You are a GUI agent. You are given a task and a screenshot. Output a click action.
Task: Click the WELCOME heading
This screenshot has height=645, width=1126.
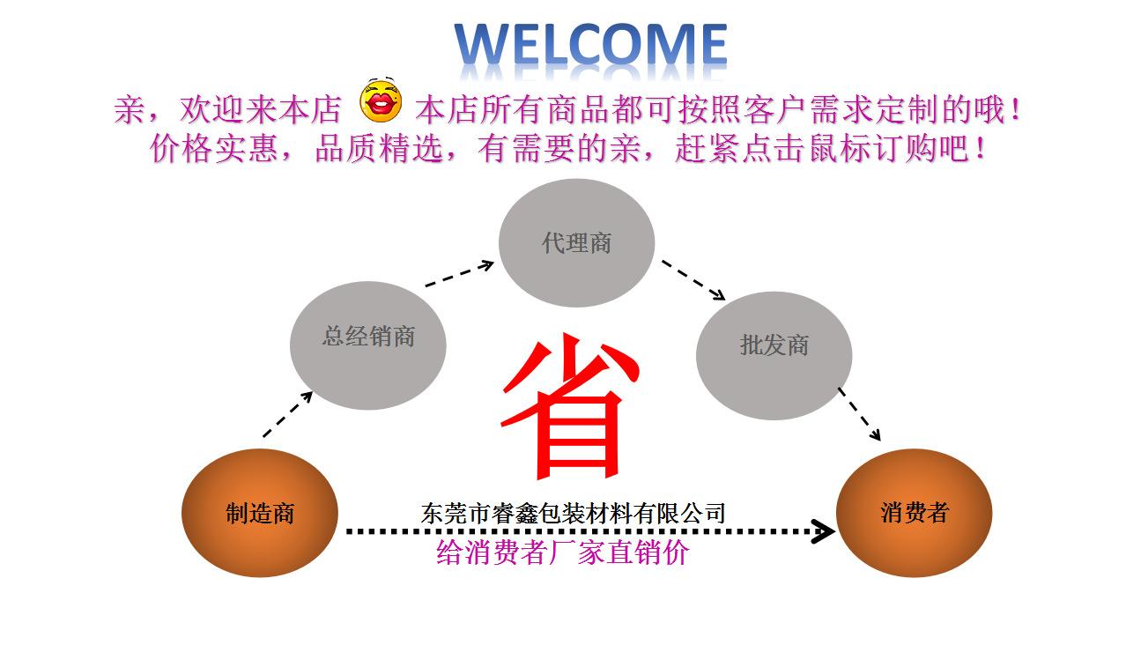click(590, 44)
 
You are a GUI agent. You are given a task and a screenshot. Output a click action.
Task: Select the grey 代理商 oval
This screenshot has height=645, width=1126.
click(576, 243)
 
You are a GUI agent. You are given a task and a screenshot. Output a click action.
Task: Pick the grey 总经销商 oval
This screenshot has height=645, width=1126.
click(368, 345)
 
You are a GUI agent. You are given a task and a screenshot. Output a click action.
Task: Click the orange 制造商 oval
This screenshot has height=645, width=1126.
click(260, 513)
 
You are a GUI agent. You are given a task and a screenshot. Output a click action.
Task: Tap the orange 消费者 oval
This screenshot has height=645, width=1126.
click(914, 513)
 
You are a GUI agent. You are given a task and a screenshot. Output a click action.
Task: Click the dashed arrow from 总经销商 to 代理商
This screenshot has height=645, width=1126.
click(460, 273)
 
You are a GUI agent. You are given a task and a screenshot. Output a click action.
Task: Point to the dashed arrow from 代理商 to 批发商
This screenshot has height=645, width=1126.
click(693, 279)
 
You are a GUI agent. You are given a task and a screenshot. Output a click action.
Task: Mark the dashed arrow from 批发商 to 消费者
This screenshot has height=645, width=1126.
click(859, 414)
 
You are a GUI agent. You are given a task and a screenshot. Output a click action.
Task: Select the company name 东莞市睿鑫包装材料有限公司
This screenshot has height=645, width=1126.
click(573, 512)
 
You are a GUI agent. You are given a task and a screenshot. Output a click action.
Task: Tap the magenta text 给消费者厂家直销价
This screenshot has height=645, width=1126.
click(562, 552)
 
